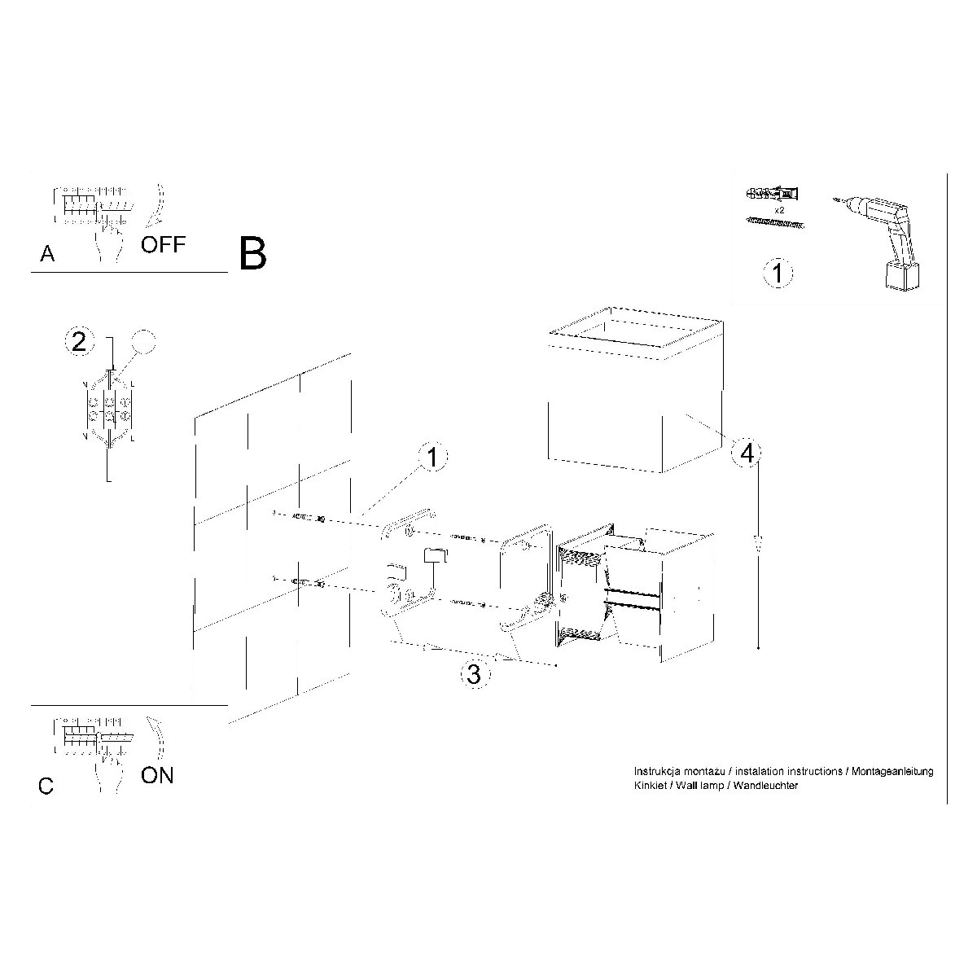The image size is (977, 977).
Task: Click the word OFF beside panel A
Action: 164,244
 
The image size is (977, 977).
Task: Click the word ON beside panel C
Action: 157,775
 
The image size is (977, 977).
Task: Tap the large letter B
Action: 252,254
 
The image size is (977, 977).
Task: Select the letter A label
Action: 47,253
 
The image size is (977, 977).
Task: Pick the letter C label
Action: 46,786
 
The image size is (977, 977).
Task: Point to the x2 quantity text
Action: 779,210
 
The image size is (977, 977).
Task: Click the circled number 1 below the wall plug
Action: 778,274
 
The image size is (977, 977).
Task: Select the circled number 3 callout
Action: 475,674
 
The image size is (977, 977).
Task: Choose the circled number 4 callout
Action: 747,453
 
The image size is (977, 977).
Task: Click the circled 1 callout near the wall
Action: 432,457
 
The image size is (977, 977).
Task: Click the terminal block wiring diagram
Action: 110,408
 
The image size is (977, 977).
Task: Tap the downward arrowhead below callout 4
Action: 758,545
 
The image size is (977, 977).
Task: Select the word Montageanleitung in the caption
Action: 892,772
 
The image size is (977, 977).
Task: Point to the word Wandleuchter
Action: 765,786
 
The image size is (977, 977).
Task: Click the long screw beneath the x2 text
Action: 775,222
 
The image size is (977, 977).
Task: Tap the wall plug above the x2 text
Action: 772,194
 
